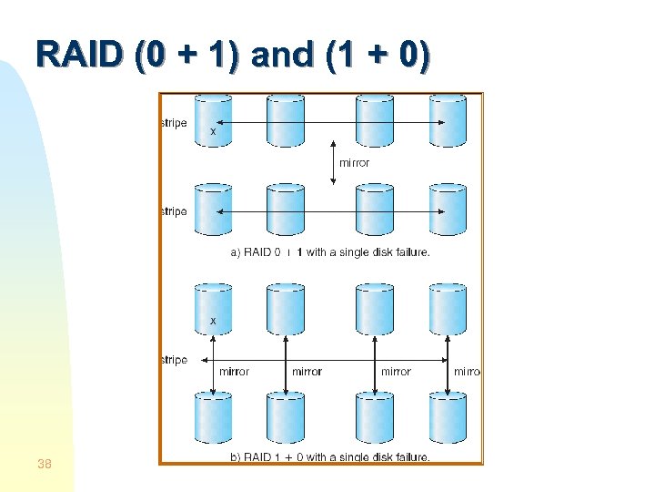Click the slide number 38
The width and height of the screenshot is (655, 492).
point(44,465)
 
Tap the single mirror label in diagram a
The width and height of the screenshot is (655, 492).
point(355,163)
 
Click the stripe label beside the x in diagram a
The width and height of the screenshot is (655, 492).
point(174,123)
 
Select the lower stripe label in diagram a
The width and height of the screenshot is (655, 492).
point(174,211)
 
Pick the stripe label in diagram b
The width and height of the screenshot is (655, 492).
point(174,360)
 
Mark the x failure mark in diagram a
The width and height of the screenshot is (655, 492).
point(214,132)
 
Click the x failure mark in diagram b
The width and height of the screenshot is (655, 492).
point(214,321)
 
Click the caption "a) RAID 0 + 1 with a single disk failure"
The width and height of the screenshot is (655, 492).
point(330,252)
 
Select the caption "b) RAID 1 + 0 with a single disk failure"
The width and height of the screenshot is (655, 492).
point(330,456)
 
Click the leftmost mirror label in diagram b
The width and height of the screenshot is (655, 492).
point(235,372)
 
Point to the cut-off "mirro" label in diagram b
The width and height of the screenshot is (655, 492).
point(467,372)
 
